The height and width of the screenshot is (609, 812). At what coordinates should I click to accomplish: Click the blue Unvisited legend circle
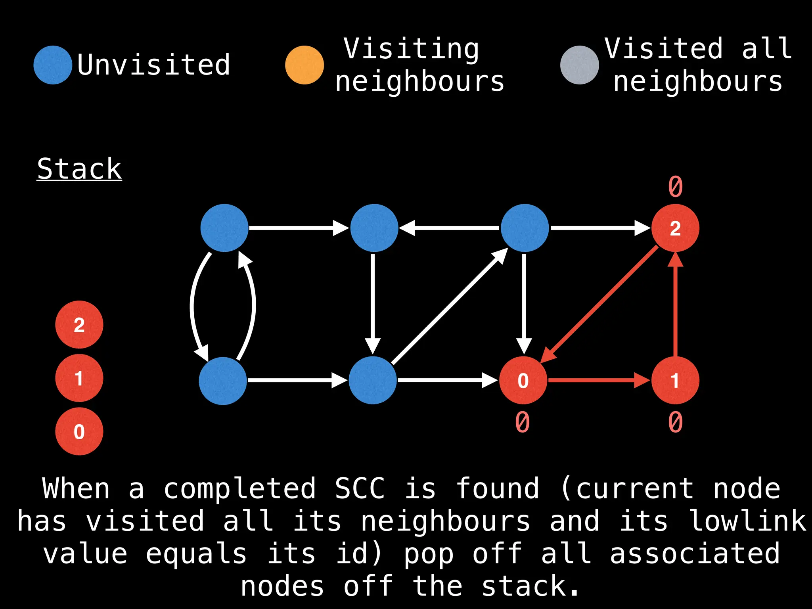click(53, 65)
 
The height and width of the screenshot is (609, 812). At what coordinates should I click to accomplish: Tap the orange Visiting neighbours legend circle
click(304, 65)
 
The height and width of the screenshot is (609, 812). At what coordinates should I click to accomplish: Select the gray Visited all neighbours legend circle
click(579, 65)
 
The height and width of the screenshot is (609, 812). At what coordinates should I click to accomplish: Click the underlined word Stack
click(79, 169)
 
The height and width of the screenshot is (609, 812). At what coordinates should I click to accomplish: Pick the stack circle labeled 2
click(79, 325)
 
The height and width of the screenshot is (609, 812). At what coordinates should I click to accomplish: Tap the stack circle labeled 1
click(79, 378)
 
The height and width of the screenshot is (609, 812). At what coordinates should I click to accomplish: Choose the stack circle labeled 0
click(79, 431)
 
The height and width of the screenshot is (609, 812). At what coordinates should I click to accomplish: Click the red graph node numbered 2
click(675, 228)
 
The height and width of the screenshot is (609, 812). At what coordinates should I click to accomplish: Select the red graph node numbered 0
click(523, 381)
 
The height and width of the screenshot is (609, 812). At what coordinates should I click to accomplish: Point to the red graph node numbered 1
click(675, 381)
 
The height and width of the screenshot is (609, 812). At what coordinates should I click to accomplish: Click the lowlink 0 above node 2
click(675, 186)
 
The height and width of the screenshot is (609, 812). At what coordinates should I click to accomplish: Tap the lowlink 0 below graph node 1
click(675, 422)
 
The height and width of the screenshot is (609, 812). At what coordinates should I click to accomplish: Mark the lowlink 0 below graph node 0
click(523, 422)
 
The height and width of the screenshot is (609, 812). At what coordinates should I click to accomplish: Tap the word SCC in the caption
click(360, 488)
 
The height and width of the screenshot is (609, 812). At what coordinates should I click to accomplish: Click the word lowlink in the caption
click(748, 521)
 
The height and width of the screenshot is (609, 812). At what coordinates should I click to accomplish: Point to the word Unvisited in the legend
click(153, 65)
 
